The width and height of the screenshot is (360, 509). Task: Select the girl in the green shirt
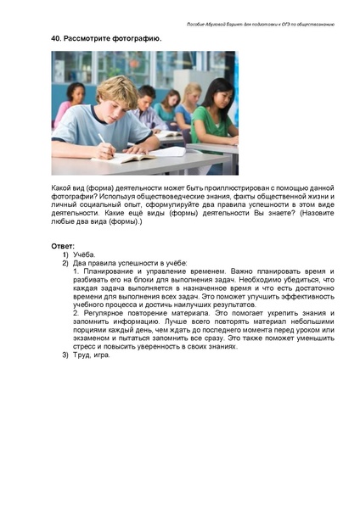click(211, 115)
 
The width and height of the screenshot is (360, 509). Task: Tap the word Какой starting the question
click(63, 185)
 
